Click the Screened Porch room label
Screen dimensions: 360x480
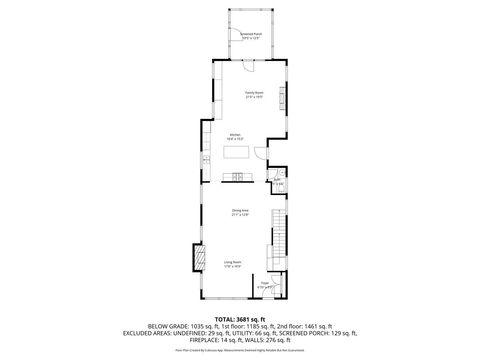[250, 35]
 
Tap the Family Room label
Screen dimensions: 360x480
[254, 94]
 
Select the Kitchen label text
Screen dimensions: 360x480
[235, 137]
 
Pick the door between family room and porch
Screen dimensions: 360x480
[251, 61]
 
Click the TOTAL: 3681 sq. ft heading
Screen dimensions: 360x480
[240, 319]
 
